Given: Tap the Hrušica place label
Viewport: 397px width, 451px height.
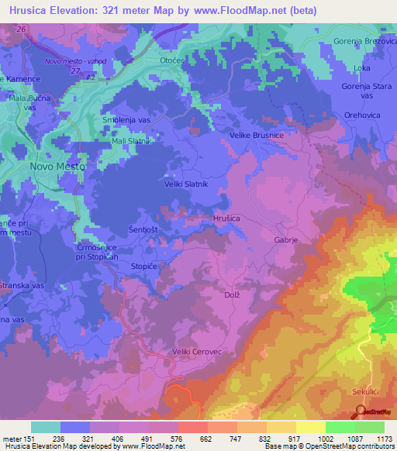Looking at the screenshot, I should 226,219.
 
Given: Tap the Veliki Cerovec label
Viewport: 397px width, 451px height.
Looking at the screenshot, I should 197,352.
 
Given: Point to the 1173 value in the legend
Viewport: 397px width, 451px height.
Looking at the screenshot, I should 383,438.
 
